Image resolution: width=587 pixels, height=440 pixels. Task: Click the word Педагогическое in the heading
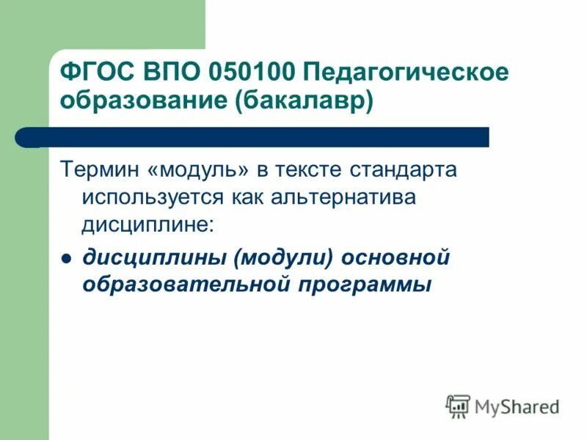click(x=404, y=73)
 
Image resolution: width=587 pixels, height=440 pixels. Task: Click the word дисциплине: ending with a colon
click(x=148, y=224)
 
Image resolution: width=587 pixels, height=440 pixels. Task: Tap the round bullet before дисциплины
click(x=65, y=258)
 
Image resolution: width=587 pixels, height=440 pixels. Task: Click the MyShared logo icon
click(x=459, y=406)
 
